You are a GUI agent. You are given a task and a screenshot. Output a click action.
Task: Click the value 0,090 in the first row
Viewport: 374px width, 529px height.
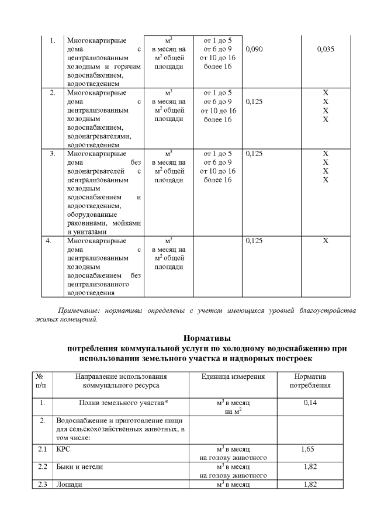[255, 50]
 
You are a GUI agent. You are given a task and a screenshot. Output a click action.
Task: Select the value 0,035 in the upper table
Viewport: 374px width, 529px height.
[325, 50]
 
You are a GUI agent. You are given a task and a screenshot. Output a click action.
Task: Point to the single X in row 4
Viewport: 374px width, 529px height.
[325, 240]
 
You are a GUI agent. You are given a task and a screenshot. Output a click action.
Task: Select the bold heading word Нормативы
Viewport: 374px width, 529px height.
[207, 337]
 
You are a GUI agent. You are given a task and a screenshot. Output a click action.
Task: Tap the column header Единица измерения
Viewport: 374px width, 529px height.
[233, 376]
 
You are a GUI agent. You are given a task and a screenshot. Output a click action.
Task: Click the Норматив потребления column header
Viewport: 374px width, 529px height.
[311, 381]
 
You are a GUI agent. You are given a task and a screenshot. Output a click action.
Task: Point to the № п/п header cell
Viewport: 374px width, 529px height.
[40, 381]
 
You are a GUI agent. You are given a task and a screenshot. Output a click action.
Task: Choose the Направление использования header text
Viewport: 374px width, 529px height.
[121, 376]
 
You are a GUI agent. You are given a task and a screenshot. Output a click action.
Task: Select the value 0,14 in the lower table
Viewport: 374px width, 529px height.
[310, 403]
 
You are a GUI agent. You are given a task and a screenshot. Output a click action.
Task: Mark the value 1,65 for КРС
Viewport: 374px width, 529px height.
[310, 449]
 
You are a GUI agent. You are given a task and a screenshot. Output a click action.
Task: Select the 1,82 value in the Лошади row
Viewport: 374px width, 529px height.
[310, 485]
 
